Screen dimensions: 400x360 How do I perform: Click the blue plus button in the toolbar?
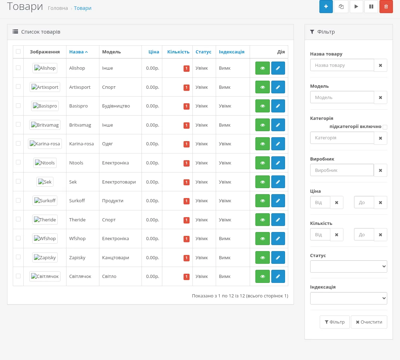coord(326,6)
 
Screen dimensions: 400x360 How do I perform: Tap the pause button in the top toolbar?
coord(371,6)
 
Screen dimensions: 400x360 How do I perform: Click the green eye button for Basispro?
coord(262,106)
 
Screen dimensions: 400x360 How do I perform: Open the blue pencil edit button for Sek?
coord(278,182)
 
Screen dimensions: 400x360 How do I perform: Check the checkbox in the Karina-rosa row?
coord(18,143)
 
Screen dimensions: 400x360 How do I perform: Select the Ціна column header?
coord(154,52)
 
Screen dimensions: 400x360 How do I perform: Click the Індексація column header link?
coord(232,52)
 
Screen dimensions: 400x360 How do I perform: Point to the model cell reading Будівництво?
coord(116,106)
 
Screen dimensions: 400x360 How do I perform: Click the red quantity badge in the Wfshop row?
coord(186,239)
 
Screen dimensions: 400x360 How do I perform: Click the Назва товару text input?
coord(342,65)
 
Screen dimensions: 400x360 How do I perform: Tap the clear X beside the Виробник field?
coord(380,170)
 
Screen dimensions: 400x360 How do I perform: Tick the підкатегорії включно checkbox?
coord(385,127)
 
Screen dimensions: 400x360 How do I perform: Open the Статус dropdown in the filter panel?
coord(348,266)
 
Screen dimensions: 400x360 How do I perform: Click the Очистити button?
coord(369,322)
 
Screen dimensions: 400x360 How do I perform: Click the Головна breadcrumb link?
coord(58,8)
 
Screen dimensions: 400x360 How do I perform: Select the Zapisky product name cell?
coord(77,258)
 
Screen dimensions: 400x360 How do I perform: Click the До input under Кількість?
coord(364,234)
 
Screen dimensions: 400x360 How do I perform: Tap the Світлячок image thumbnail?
coord(45,276)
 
